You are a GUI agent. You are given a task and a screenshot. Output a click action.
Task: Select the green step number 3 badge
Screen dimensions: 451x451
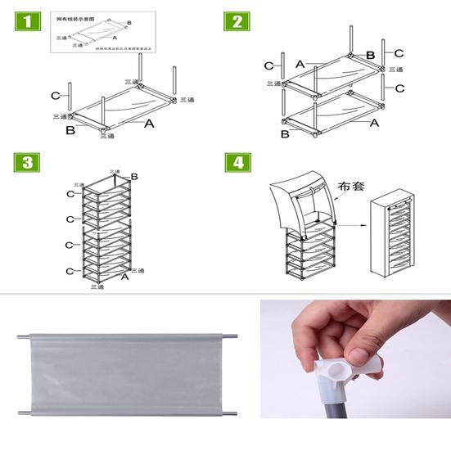pos(26,162)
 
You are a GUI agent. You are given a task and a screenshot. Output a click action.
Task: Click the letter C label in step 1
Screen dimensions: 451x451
pos(55,96)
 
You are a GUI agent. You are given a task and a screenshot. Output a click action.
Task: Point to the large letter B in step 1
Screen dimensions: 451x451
pos(71,129)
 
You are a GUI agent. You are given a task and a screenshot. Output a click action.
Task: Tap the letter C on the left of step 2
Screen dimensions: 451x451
pos(268,65)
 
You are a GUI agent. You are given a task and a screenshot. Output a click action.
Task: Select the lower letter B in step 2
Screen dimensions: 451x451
pos(284,133)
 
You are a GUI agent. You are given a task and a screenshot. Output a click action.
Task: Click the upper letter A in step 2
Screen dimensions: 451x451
pos(300,64)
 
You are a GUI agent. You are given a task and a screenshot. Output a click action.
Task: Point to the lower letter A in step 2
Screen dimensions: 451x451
pos(374,123)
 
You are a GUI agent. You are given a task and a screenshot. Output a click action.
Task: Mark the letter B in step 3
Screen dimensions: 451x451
pos(134,177)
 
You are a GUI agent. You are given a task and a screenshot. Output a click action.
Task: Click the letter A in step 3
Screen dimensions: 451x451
pos(124,277)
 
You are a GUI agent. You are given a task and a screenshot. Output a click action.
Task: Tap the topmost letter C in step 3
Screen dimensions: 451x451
pos(70,194)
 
